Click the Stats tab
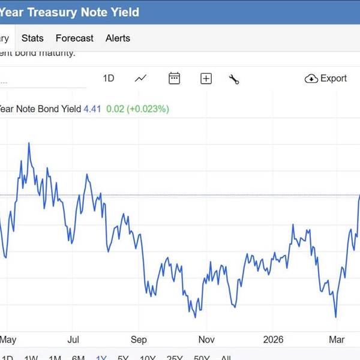(x=32, y=38)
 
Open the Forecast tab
(x=74, y=38)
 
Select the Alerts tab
(x=118, y=38)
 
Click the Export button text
(x=334, y=78)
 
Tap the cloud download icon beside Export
(x=311, y=79)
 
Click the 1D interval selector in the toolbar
(x=109, y=78)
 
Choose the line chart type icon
(x=141, y=78)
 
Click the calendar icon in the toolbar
(x=175, y=78)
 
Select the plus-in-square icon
(x=206, y=79)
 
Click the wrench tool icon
(x=234, y=79)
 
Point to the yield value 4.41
(x=92, y=109)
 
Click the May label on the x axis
(x=8, y=339)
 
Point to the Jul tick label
(x=74, y=339)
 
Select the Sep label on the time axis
(x=139, y=339)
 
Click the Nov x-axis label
(x=206, y=339)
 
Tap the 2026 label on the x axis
(x=273, y=339)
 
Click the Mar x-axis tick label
(x=337, y=339)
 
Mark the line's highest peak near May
(x=29, y=143)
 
